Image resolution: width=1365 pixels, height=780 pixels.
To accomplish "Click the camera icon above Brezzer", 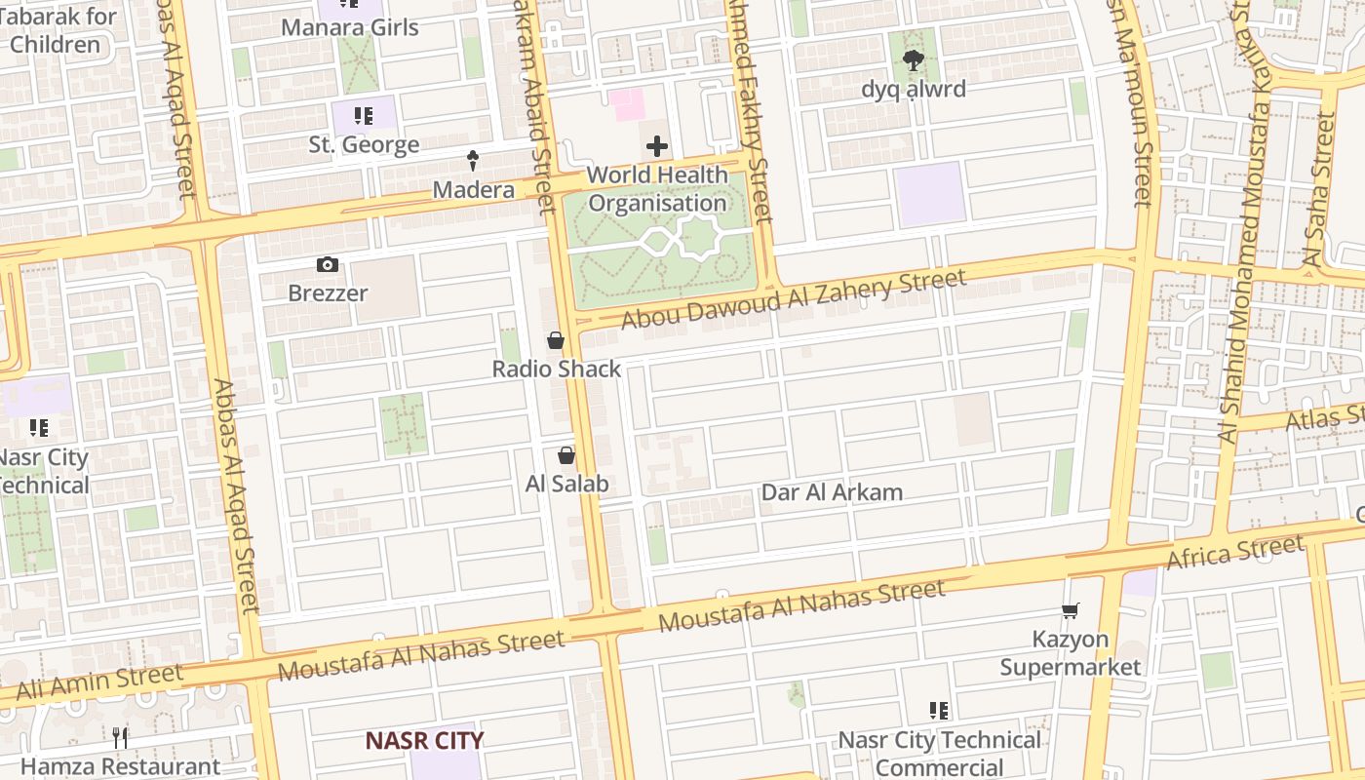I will click(x=328, y=264).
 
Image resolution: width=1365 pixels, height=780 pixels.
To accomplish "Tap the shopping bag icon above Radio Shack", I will click(x=556, y=340).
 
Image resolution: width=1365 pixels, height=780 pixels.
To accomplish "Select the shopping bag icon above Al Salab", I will click(x=565, y=455).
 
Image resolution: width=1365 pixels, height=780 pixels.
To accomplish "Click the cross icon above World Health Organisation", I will click(x=657, y=147).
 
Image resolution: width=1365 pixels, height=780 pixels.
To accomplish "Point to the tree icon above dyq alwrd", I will click(x=913, y=61).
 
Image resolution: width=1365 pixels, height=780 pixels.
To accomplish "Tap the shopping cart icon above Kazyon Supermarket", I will click(x=1071, y=611).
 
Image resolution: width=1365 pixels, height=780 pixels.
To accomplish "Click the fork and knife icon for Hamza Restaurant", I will click(x=120, y=738).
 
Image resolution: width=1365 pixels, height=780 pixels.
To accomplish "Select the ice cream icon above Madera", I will click(x=473, y=161).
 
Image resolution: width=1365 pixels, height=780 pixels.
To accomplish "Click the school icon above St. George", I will click(x=364, y=117).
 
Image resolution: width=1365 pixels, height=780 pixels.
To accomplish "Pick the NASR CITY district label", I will click(x=424, y=740).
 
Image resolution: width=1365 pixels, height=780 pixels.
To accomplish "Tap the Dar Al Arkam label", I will click(x=832, y=492).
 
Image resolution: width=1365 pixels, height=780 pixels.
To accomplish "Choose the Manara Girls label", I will click(x=349, y=27).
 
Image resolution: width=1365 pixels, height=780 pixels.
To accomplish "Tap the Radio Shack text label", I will click(x=556, y=369).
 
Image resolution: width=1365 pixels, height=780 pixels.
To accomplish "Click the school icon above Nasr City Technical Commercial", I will click(x=939, y=711).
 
